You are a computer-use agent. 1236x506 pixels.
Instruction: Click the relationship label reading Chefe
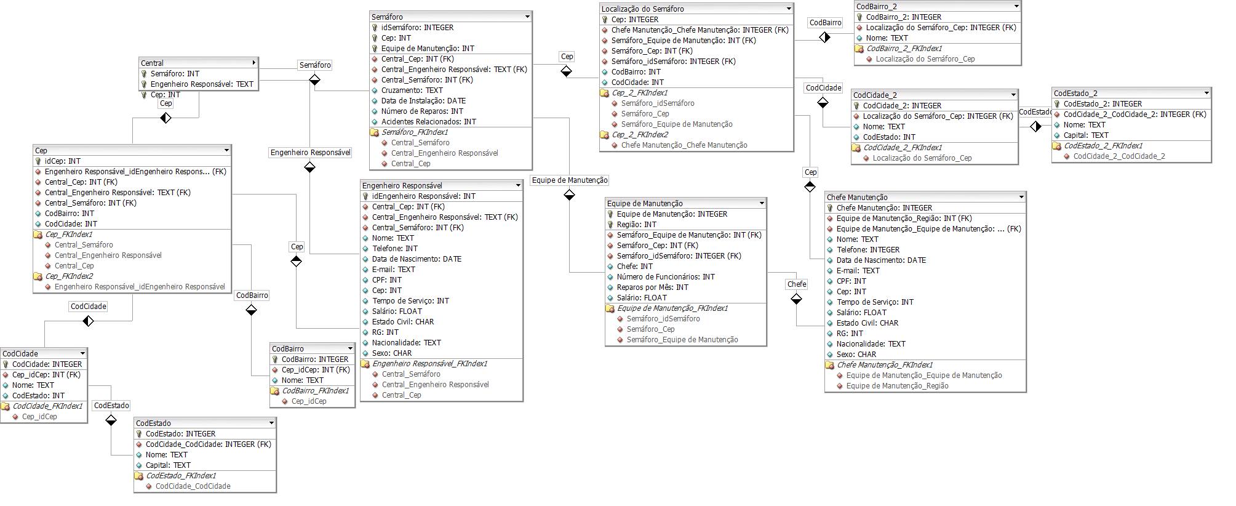point(797,284)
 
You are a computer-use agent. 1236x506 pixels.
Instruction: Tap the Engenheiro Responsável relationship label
point(311,153)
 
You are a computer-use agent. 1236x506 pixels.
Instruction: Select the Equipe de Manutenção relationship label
point(570,180)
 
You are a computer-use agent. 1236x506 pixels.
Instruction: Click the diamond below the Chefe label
point(797,299)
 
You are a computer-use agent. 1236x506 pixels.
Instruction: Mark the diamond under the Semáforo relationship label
point(314,79)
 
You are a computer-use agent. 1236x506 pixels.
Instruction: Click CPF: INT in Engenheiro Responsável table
point(387,280)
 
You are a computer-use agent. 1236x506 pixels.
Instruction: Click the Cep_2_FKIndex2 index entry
point(640,135)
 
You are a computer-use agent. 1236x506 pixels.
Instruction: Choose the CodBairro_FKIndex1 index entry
point(315,391)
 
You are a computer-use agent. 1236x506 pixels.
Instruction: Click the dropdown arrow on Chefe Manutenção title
point(1021,198)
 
